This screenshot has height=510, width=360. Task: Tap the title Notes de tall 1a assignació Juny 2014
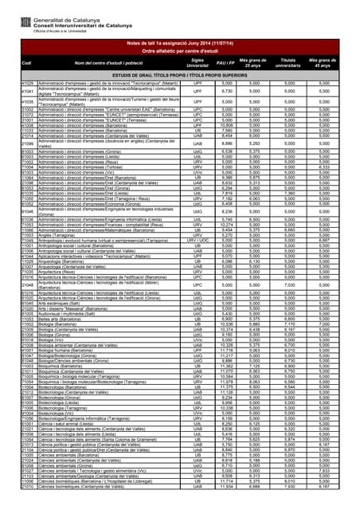click(x=179, y=42)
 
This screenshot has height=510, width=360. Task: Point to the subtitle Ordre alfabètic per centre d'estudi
click(x=179, y=50)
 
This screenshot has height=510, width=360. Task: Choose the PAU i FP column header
click(x=225, y=61)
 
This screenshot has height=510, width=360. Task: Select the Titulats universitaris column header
click(x=288, y=61)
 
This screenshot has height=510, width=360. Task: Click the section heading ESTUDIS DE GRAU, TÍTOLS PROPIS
click(x=180, y=75)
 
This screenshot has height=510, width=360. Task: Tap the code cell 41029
click(x=27, y=83)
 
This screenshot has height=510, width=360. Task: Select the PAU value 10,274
click(x=226, y=225)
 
